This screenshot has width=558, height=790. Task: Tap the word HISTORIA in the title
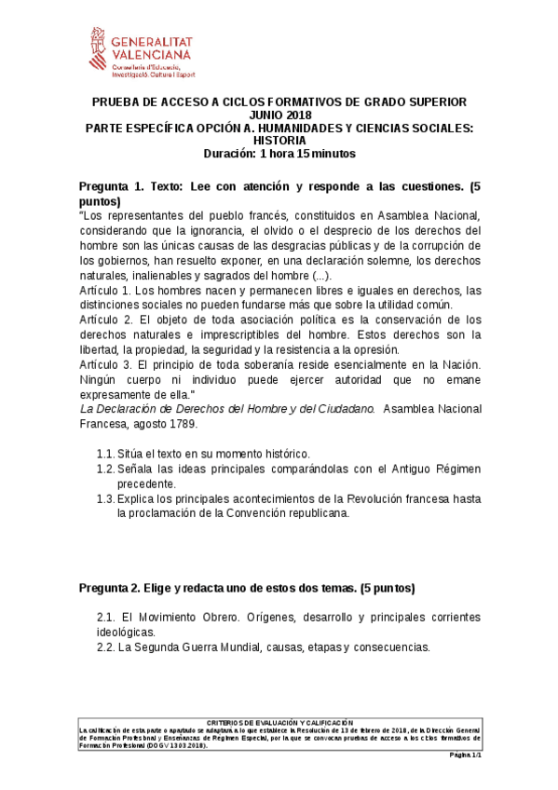[278, 141]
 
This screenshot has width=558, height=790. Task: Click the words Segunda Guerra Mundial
[197, 647]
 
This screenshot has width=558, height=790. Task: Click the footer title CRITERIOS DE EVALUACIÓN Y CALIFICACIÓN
[279, 722]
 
